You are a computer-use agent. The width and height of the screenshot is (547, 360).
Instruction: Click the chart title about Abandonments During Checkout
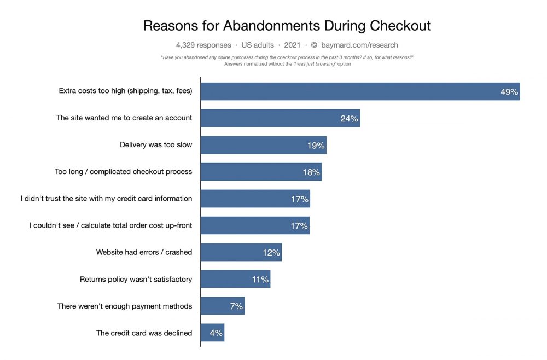[287, 25]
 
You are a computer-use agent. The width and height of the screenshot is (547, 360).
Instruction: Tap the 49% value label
[509, 92]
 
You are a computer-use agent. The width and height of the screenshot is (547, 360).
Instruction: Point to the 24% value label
[349, 119]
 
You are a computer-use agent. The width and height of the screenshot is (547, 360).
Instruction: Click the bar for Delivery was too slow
[263, 146]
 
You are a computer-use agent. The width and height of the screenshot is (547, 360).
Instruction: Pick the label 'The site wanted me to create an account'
[124, 118]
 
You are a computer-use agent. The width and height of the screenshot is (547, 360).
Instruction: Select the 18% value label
[311, 172]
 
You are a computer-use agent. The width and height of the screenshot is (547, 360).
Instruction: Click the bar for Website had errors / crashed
[241, 252]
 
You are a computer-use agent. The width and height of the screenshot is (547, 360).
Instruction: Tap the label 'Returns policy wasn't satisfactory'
[136, 279]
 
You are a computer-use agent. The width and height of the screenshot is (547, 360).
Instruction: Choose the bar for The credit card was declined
[212, 333]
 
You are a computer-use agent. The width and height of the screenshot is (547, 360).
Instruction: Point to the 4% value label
[216, 333]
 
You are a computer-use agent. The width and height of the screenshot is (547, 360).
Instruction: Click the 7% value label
[236, 306]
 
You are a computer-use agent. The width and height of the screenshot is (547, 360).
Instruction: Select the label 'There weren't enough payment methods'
[125, 306]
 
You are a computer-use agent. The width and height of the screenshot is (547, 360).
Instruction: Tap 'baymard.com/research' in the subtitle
[359, 45]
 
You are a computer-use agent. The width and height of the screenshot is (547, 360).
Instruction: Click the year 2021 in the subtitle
[293, 45]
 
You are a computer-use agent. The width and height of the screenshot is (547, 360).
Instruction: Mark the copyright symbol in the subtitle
[314, 45]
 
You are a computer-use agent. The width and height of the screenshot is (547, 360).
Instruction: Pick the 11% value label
[260, 280]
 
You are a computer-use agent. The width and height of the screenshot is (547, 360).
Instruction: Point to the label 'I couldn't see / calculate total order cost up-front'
[110, 225]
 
